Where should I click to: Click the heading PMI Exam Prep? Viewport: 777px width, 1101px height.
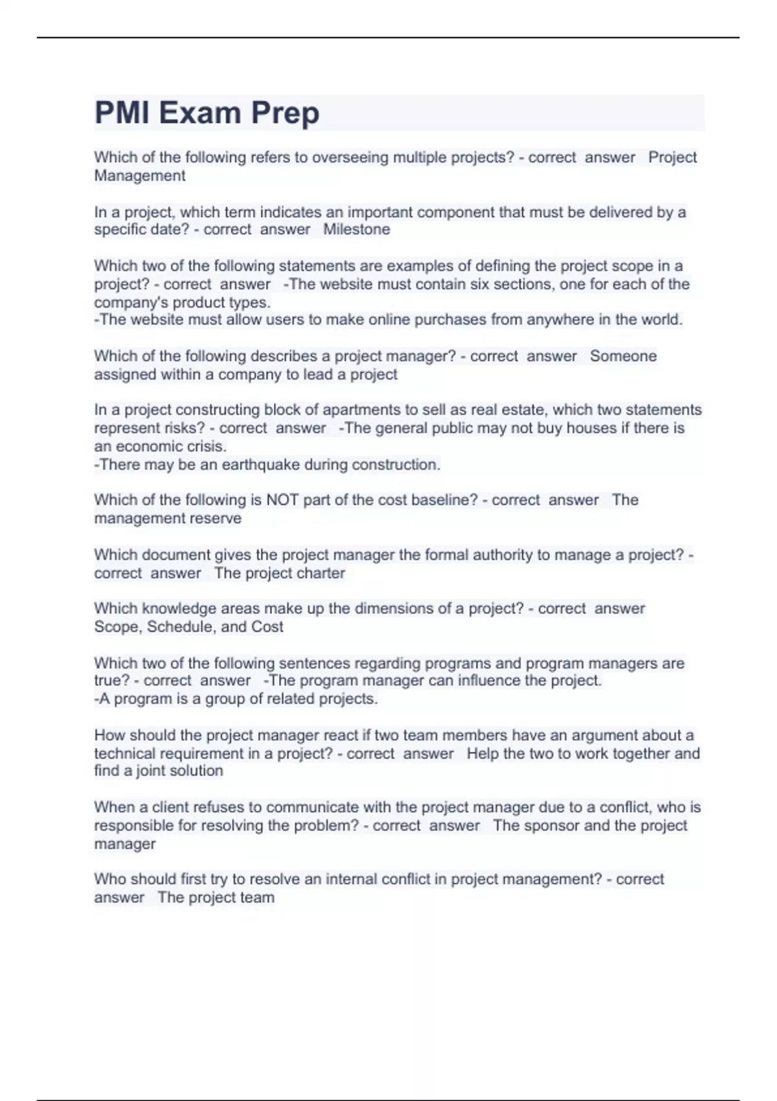[207, 113]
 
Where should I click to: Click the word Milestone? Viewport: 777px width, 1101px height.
[357, 229]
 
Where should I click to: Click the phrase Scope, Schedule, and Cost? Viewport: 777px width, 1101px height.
[188, 626]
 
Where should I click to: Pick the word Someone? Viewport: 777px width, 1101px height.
[623, 356]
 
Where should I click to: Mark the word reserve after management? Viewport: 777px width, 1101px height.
[216, 518]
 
